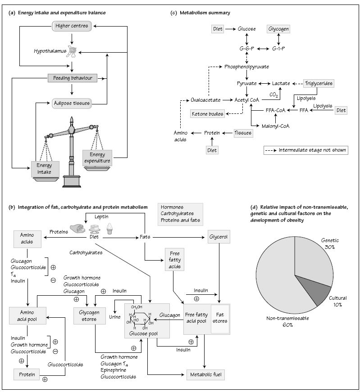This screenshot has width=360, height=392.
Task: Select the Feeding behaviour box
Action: coord(73,78)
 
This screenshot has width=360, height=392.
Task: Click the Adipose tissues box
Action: coord(72,103)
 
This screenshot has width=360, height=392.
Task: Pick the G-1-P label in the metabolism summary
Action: coord(278,48)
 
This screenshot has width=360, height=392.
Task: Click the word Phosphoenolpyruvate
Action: coord(246,67)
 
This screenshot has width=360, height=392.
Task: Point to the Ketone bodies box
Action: coord(207,114)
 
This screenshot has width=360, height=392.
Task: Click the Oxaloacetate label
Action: coord(205,99)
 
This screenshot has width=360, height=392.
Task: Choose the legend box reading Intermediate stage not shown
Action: coord(306,150)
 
